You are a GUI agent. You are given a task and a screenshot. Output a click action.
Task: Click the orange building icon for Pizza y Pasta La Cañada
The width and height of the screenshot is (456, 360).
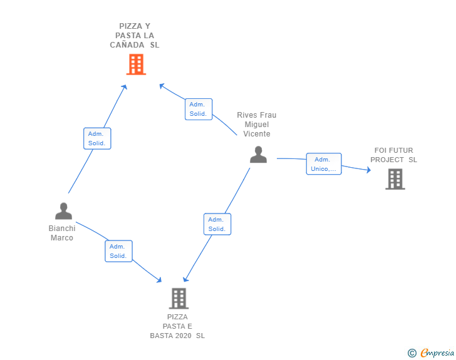click(136, 64)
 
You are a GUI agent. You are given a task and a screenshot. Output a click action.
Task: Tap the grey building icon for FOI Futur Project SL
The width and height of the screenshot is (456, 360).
click(395, 179)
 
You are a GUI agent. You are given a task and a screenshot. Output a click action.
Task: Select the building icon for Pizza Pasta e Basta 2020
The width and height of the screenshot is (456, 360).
click(179, 298)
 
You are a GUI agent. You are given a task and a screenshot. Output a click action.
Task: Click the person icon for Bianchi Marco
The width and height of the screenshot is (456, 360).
click(63, 211)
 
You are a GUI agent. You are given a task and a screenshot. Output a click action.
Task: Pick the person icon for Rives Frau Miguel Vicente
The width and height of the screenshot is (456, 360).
click(258, 154)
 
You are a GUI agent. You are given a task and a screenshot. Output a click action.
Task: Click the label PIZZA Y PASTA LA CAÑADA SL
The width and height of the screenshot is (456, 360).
click(135, 36)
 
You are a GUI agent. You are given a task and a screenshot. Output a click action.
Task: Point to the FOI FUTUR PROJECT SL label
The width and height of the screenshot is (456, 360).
click(393, 155)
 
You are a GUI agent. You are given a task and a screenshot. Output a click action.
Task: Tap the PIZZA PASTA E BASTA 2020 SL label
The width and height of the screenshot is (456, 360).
click(177, 326)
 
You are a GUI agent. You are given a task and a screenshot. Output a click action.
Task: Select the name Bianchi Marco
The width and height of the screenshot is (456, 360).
click(62, 233)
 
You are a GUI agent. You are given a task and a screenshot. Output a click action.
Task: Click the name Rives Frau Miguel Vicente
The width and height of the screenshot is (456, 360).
click(257, 125)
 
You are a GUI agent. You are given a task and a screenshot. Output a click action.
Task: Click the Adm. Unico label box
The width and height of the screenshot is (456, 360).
click(324, 164)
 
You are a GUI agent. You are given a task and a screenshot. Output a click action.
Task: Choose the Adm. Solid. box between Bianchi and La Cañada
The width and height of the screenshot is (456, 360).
click(97, 138)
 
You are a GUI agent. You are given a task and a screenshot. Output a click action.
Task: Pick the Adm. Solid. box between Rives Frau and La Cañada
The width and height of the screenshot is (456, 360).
click(199, 109)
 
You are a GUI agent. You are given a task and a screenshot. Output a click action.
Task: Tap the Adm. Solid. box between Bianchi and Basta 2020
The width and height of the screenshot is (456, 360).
click(118, 251)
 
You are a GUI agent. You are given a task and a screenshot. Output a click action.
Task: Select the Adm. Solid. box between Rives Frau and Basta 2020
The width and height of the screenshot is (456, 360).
click(217, 224)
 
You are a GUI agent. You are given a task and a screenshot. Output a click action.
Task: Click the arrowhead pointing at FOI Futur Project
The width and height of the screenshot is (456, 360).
click(368, 169)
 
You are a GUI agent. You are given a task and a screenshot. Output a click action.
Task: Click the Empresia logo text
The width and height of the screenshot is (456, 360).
click(437, 353)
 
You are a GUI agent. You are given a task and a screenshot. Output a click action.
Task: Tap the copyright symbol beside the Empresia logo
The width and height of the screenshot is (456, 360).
click(412, 354)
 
